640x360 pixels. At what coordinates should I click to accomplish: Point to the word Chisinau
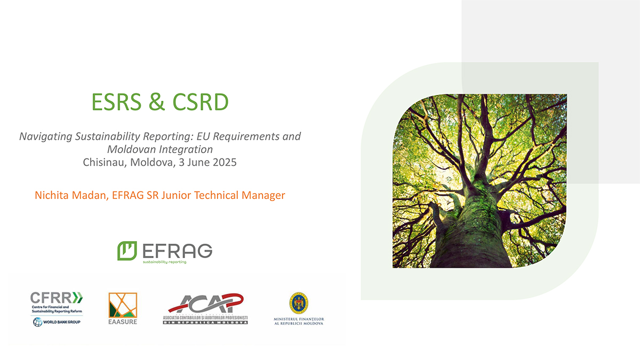pyautogui.click(x=103, y=162)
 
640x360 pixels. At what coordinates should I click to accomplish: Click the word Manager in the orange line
pyautogui.click(x=266, y=195)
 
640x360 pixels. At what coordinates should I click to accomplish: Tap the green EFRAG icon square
pyautogui.click(x=127, y=250)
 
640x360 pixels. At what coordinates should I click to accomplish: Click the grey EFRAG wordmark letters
pyautogui.click(x=178, y=250)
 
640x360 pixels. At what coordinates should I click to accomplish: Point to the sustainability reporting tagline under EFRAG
pyautogui.click(x=164, y=262)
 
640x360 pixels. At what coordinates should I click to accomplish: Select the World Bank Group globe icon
pyautogui.click(x=37, y=322)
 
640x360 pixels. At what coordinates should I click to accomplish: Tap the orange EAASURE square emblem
pyautogui.click(x=123, y=306)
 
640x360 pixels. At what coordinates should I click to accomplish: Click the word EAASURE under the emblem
pyautogui.click(x=123, y=322)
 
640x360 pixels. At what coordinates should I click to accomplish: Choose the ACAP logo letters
pyautogui.click(x=205, y=304)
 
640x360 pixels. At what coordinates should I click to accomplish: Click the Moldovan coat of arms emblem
pyautogui.click(x=299, y=302)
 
